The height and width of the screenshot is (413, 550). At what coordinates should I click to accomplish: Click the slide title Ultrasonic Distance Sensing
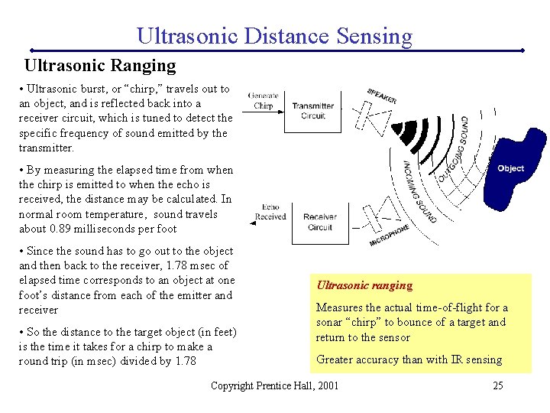(x=274, y=35)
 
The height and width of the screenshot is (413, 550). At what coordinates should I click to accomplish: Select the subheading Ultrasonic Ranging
(x=100, y=66)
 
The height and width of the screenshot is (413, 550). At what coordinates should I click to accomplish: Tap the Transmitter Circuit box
(x=312, y=111)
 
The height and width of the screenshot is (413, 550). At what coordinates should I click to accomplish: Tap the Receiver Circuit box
(x=319, y=222)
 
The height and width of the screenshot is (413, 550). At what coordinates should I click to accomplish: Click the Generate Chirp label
(x=263, y=101)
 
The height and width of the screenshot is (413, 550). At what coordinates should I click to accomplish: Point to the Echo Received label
(x=270, y=212)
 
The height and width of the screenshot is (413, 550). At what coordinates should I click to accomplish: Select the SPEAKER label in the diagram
(x=381, y=96)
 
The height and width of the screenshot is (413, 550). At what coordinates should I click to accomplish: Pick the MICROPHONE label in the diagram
(x=390, y=235)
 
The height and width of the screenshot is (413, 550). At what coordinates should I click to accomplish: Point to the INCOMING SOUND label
(x=419, y=191)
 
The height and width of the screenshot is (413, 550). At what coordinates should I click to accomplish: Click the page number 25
(x=497, y=385)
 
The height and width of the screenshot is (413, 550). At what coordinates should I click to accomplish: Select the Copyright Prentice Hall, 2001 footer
(x=274, y=385)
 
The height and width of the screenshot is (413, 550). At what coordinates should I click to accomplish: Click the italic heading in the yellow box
(x=364, y=286)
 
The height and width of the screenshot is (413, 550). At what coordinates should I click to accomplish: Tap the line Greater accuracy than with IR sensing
(x=409, y=359)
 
